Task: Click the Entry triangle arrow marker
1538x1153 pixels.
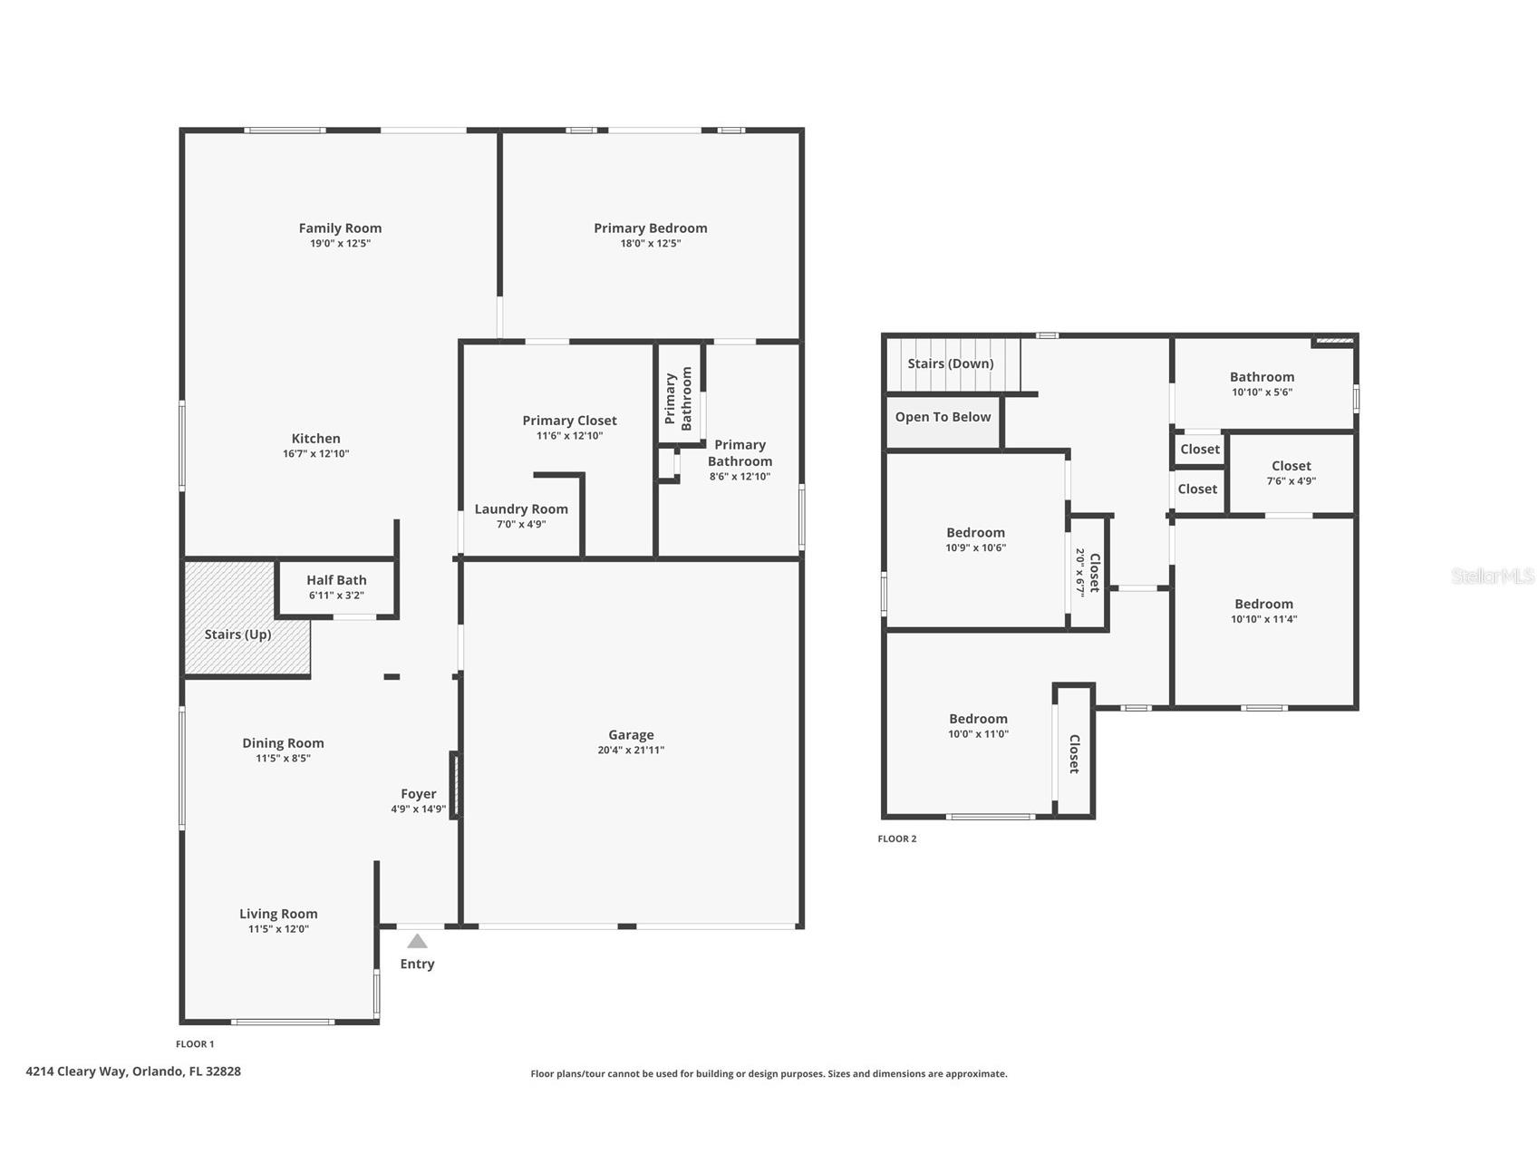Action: tap(417, 941)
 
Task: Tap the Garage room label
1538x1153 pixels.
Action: tap(631, 735)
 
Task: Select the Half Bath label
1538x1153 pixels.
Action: tap(336, 580)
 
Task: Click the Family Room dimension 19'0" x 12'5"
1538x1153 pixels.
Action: tap(340, 243)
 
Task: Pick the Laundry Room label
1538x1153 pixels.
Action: tap(521, 509)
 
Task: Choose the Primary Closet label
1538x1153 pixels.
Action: tap(569, 421)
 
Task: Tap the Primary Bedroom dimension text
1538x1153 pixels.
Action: tap(650, 243)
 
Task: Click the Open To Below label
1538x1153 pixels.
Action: tap(943, 417)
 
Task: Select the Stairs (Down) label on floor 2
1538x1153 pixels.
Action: tap(951, 363)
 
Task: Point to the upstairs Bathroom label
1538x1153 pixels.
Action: tap(1262, 377)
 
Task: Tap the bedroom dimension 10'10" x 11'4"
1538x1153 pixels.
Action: tap(1263, 619)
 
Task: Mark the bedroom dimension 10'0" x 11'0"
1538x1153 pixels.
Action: tap(978, 734)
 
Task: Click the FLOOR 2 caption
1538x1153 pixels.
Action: tap(897, 838)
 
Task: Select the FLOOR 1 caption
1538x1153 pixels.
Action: tap(195, 1044)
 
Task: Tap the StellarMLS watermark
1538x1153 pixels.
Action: tap(1492, 576)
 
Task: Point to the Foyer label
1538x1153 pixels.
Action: tap(418, 794)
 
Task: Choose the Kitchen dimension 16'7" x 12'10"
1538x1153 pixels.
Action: tap(315, 453)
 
